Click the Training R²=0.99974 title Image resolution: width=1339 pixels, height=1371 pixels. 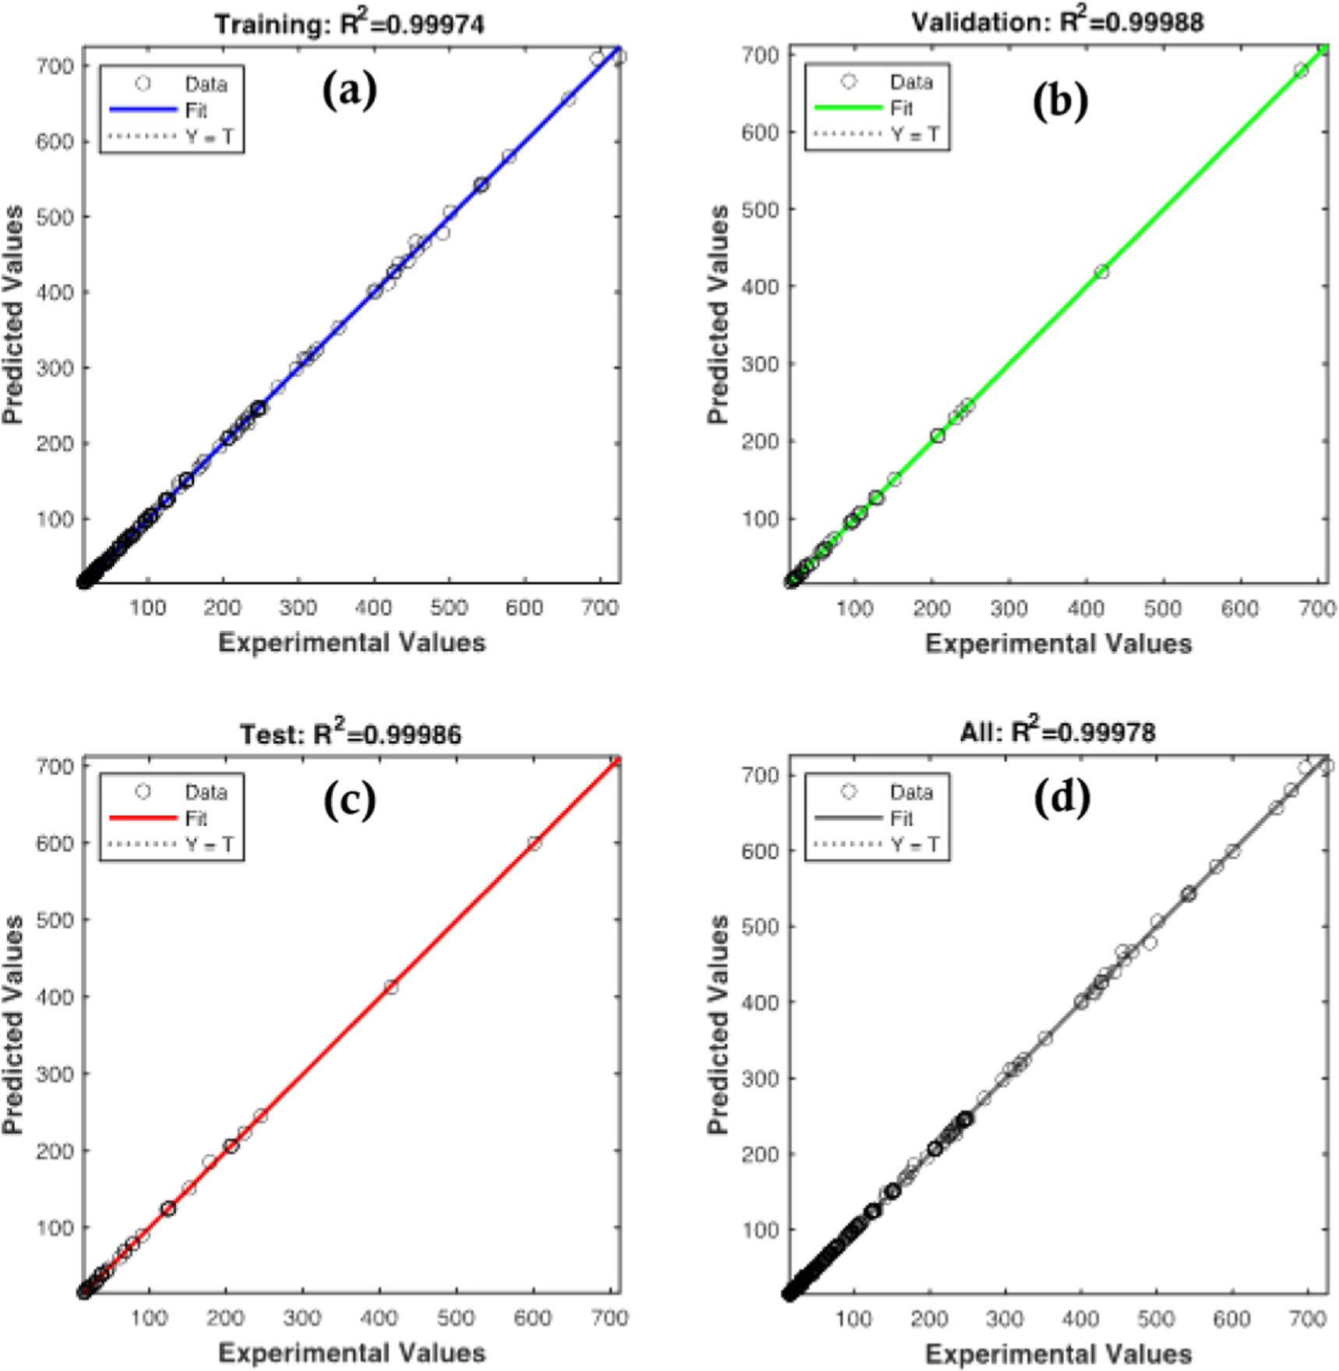[x=349, y=24]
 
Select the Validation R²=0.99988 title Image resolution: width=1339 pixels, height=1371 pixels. [x=1058, y=22]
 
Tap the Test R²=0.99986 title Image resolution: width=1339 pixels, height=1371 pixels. [x=350, y=734]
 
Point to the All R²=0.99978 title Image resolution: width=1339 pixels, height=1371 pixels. [x=1058, y=732]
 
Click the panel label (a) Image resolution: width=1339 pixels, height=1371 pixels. [x=349, y=92]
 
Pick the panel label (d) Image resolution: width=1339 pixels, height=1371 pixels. [x=1061, y=798]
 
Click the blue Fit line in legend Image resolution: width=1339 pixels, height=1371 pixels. [x=143, y=110]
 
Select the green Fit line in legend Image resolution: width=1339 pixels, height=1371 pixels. [x=849, y=108]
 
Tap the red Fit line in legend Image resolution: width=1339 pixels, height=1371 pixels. [x=143, y=818]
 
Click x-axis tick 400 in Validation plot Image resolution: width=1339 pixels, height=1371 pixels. [x=1086, y=608]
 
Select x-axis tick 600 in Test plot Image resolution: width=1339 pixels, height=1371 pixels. [x=532, y=1317]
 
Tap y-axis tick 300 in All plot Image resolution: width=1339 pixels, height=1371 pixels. [x=760, y=1079]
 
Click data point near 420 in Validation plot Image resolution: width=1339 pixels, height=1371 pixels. [x=1101, y=272]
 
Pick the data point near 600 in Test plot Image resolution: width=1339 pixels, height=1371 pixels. [x=534, y=843]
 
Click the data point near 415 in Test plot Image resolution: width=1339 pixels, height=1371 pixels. [x=391, y=987]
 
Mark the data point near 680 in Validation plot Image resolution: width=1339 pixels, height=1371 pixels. [x=1301, y=70]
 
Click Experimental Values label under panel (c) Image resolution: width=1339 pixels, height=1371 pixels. [x=352, y=1352]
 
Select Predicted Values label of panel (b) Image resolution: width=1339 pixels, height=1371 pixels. [x=718, y=314]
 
